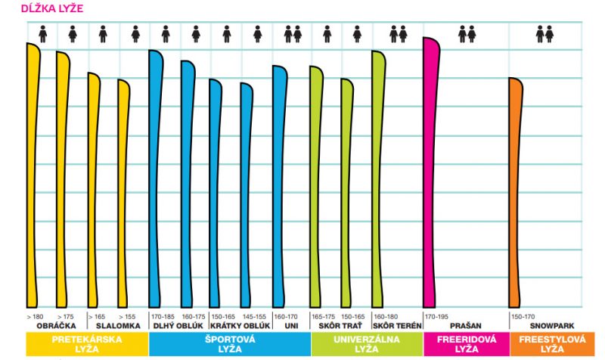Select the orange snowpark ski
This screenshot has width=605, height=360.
tap(516, 189)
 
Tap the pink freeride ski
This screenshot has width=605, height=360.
tap(430, 174)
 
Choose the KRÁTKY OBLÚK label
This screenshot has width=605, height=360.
tap(238, 325)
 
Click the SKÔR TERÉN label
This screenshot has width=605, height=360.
tap(397, 325)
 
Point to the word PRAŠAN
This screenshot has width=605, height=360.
tap(465, 325)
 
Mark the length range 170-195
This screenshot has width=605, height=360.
tap(436, 316)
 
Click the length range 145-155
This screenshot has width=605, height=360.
tap(253, 316)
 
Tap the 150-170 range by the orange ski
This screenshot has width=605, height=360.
tap(523, 316)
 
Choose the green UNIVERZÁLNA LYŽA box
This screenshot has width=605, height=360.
tap(367, 344)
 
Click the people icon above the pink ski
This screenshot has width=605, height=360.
tap(467, 33)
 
